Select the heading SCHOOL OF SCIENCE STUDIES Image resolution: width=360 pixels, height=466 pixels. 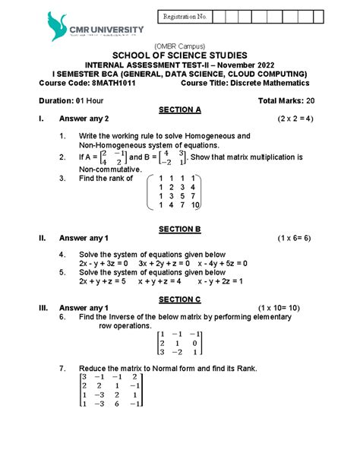point(179,55)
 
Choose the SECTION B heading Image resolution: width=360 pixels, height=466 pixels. point(179,229)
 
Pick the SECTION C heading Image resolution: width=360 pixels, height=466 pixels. point(179,299)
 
